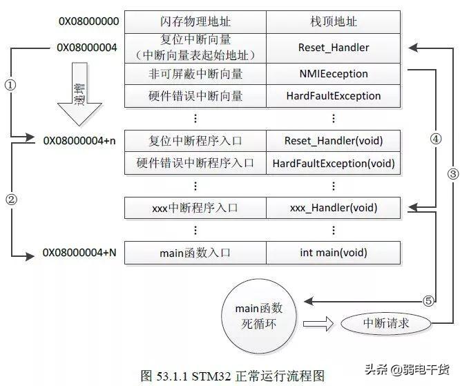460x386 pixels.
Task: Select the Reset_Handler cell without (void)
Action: pyautogui.click(x=334, y=48)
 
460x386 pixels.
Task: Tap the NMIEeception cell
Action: pyautogui.click(x=334, y=73)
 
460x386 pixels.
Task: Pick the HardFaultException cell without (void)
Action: pyautogui.click(x=334, y=96)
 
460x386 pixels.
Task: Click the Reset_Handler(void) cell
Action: pyautogui.click(x=334, y=141)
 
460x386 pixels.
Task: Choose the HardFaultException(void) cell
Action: pyautogui.click(x=334, y=164)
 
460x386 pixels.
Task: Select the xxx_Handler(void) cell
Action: pyautogui.click(x=334, y=207)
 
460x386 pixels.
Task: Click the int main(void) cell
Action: pyautogui.click(x=334, y=253)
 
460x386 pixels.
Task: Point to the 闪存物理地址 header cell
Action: pyautogui.click(x=195, y=21)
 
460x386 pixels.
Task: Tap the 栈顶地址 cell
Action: pyautogui.click(x=334, y=21)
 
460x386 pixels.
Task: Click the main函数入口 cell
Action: pyautogui.click(x=195, y=253)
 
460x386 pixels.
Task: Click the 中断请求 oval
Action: pyautogui.click(x=386, y=322)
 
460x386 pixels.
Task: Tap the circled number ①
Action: pyautogui.click(x=10, y=85)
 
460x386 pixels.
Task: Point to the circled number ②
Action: pyautogui.click(x=10, y=200)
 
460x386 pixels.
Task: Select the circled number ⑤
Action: pyautogui.click(x=429, y=300)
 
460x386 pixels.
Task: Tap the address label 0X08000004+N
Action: pyautogui.click(x=79, y=253)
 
